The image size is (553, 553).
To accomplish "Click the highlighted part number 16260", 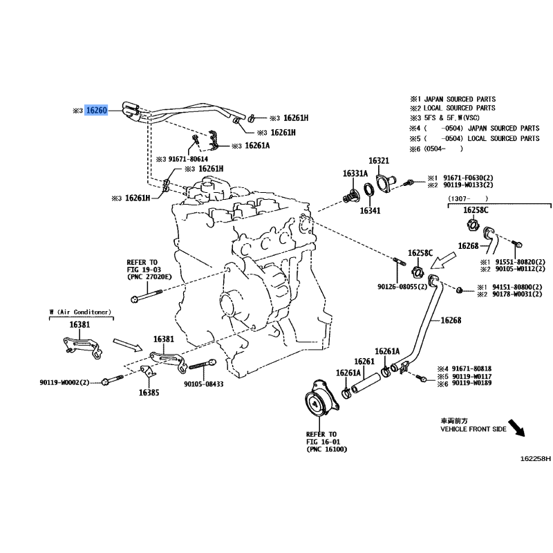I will (96, 110).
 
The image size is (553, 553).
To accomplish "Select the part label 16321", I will (379, 160).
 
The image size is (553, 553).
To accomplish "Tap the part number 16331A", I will (356, 173).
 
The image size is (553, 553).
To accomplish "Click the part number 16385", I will (149, 392).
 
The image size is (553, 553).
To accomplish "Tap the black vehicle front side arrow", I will (515, 428).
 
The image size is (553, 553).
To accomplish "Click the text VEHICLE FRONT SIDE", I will (474, 429).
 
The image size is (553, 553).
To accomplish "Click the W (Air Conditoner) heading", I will (80, 312).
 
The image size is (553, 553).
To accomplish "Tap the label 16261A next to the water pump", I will (348, 373).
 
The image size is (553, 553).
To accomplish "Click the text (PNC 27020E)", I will (149, 276).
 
